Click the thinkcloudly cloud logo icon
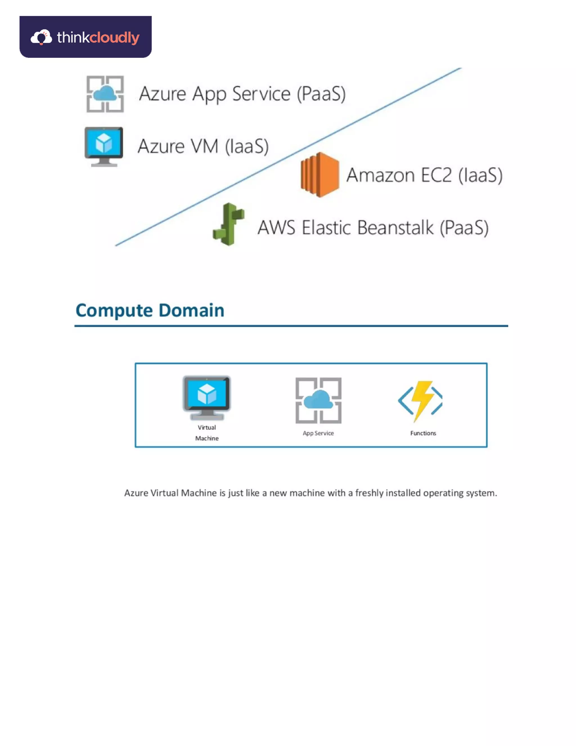coord(41,37)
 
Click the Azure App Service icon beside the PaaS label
coord(105,94)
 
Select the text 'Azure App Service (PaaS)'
coord(242,94)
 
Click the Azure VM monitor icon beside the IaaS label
coord(104,146)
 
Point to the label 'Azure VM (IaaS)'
coord(203,146)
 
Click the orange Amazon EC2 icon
coord(320,175)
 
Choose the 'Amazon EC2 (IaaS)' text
coord(424,175)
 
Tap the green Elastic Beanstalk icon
coord(229,224)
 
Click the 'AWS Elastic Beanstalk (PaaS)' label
coord(373,228)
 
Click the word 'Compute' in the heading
coord(114,311)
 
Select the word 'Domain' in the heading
coord(192,310)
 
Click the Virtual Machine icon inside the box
coord(207,397)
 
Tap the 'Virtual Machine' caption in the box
coord(207,433)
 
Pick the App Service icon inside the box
coord(318,400)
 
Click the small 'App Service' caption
coord(318,433)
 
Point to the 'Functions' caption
coord(423,433)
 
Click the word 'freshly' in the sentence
coord(369,493)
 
